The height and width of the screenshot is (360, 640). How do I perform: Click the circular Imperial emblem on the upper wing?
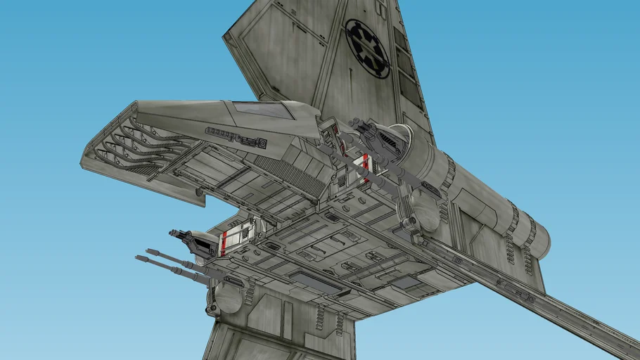(367, 48)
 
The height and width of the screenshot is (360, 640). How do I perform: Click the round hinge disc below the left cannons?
(229, 297)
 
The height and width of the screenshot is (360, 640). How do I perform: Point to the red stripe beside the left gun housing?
(224, 243)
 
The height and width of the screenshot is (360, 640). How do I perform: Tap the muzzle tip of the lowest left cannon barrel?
(138, 258)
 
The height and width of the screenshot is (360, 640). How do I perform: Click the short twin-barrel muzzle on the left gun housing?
(173, 233)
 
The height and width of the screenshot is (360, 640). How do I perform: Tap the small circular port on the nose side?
(262, 144)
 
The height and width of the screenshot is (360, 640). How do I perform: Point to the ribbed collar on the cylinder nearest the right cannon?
(447, 173)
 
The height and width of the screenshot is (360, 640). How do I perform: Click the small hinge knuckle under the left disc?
(212, 309)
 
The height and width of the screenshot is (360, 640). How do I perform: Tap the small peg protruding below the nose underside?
(199, 192)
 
